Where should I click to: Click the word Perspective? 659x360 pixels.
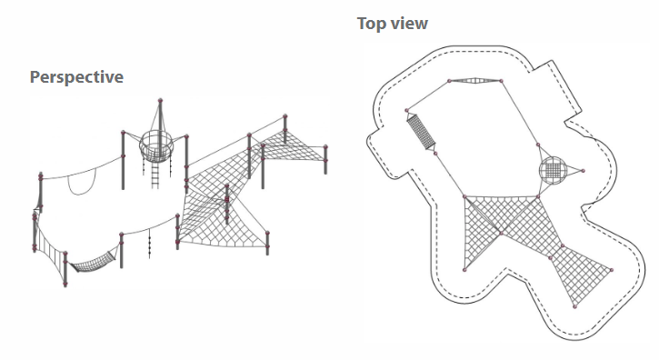(x=76, y=77)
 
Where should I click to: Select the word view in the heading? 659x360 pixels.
(x=409, y=23)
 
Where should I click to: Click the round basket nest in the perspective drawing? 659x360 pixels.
(x=156, y=145)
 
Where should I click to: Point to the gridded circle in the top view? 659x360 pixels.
(x=553, y=170)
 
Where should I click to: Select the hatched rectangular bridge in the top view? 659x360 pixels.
(x=421, y=132)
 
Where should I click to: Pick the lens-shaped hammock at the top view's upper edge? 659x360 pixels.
(x=474, y=80)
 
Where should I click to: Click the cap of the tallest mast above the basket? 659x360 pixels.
(x=160, y=101)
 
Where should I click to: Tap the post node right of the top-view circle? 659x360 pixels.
(x=583, y=171)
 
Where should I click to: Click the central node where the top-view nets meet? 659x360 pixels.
(x=502, y=233)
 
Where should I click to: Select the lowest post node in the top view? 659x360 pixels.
(x=575, y=307)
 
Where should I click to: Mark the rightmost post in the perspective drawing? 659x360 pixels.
(x=325, y=159)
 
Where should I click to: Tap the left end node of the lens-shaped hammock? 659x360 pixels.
(x=449, y=80)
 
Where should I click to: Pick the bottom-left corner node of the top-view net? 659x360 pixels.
(x=464, y=270)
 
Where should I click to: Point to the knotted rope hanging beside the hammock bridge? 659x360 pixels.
(x=150, y=246)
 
